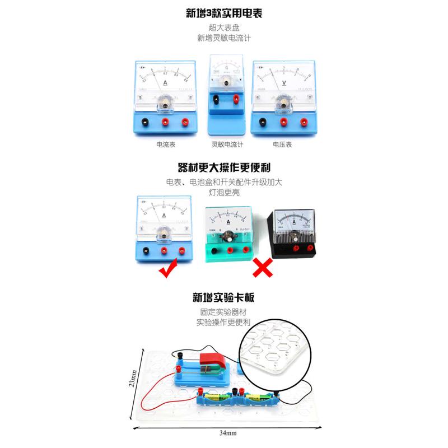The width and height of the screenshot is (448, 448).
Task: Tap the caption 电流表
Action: click(166, 144)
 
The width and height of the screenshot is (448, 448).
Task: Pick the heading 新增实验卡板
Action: click(223, 299)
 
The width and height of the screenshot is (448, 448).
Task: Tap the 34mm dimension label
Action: click(228, 433)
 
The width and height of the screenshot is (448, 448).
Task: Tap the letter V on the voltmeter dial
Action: click(284, 82)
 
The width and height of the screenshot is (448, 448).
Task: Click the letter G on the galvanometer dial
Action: click(226, 69)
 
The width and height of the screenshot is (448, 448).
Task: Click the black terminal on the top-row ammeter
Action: click(146, 121)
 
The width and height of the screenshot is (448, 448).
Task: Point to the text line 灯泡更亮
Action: click(223, 193)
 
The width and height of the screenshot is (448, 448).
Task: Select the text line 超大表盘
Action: click(223, 28)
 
